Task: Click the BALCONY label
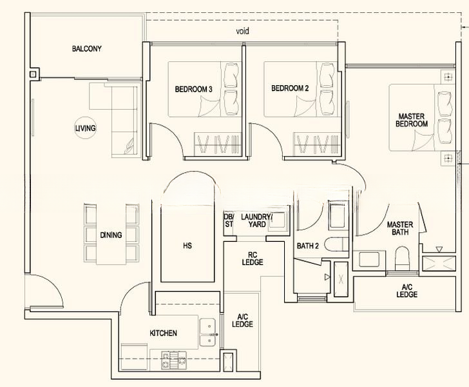tap(87, 48)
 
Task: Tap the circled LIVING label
tap(85, 128)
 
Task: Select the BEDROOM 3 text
tap(193, 89)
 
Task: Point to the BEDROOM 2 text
tap(290, 88)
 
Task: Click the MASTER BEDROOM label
tap(412, 120)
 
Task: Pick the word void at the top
tap(242, 31)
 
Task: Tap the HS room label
tap(187, 246)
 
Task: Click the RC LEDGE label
tap(253, 259)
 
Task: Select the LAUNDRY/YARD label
tap(256, 221)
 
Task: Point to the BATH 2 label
tap(308, 246)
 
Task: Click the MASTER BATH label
tap(400, 228)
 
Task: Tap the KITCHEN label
tap(164, 333)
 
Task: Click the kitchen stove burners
tap(174, 360)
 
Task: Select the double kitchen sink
tap(208, 332)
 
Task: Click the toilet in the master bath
tap(402, 259)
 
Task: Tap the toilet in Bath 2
tap(339, 244)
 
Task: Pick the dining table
tap(111, 235)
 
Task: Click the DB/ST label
tap(229, 221)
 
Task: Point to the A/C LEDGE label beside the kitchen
tap(243, 321)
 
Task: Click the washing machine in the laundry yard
tap(277, 221)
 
